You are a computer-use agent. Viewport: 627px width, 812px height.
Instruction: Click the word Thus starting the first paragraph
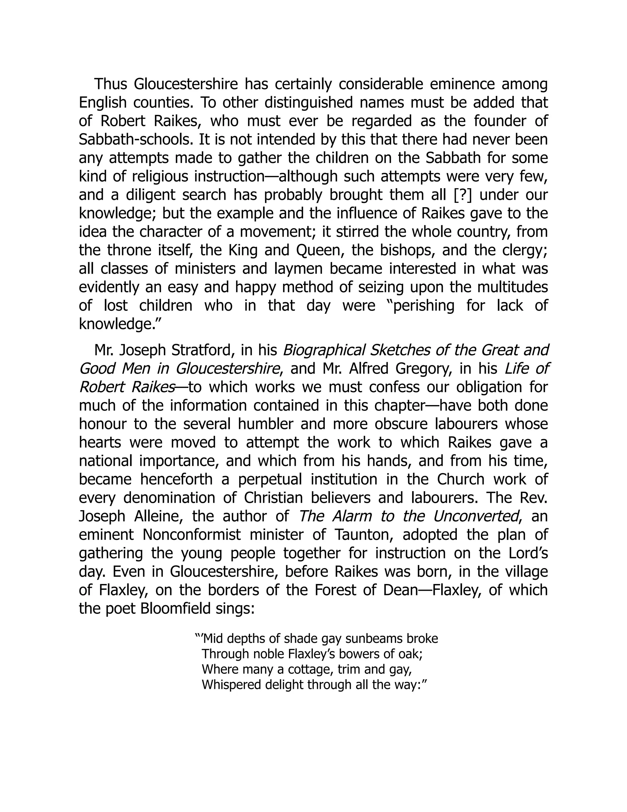[x=110, y=84]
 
